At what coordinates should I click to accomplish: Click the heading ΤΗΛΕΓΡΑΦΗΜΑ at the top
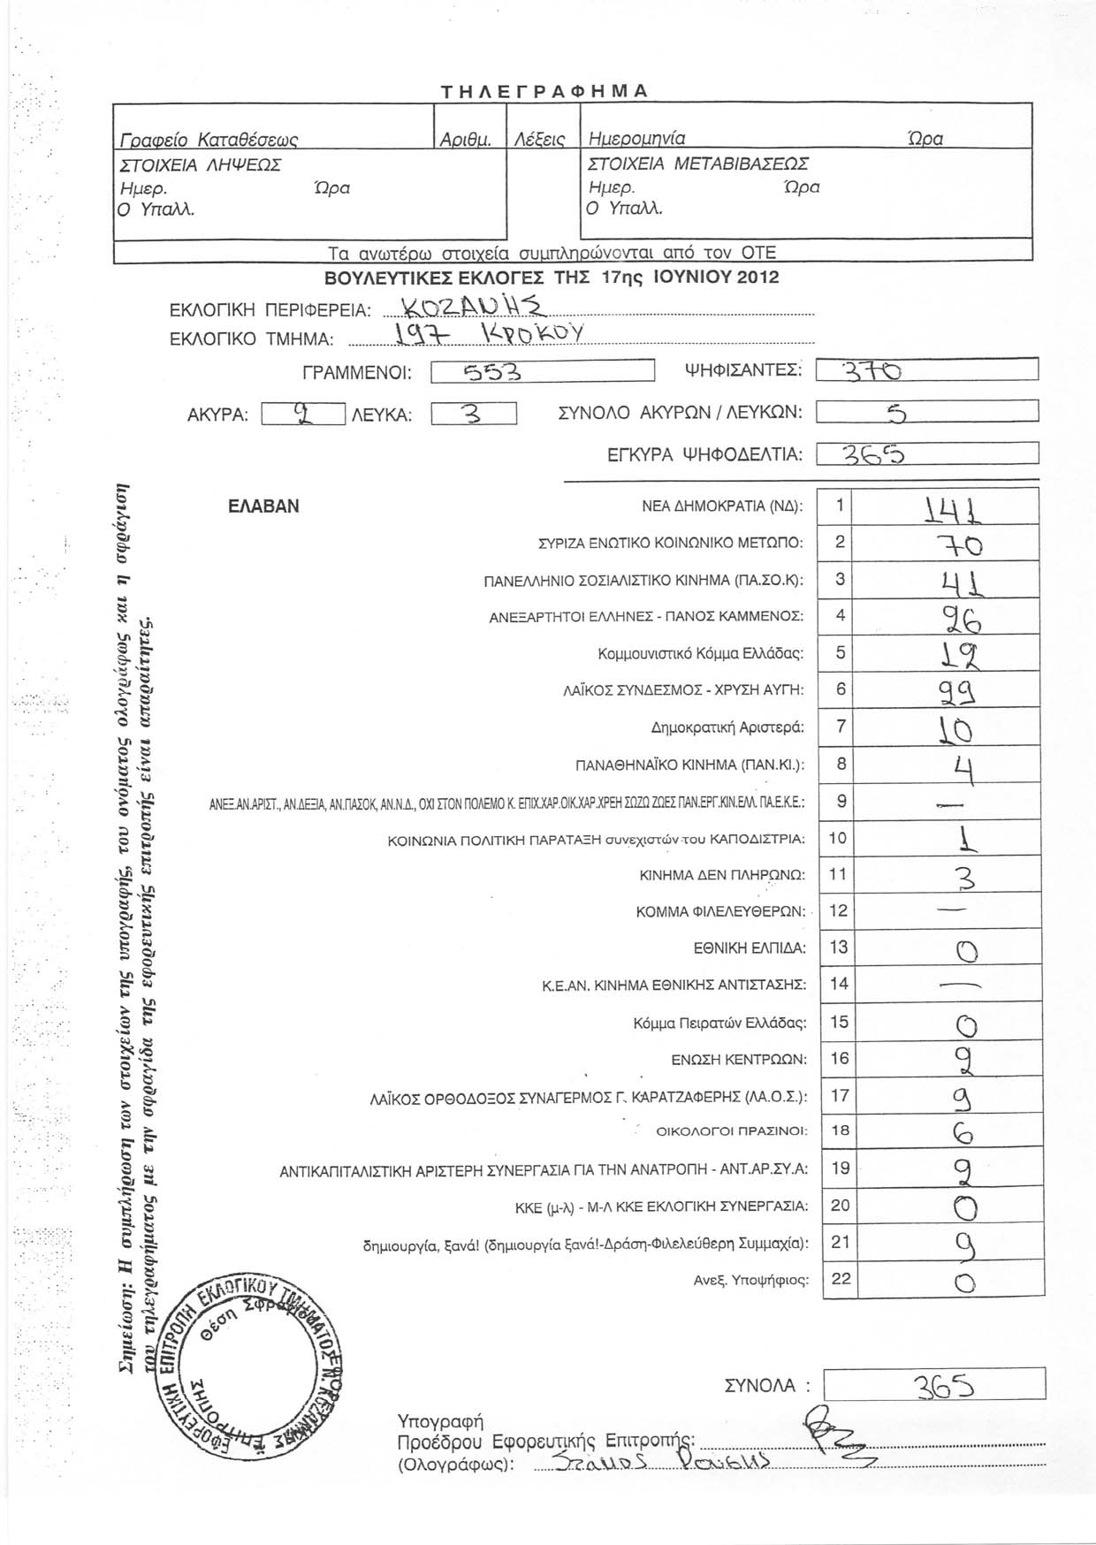click(545, 91)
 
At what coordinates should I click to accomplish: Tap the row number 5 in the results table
click(840, 652)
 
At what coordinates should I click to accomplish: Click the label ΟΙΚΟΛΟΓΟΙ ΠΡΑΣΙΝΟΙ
click(732, 1130)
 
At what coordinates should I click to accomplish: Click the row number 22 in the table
click(840, 1278)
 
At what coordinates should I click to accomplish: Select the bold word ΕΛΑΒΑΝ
click(263, 506)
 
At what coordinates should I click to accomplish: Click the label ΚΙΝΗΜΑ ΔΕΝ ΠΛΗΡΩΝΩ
click(722, 875)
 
